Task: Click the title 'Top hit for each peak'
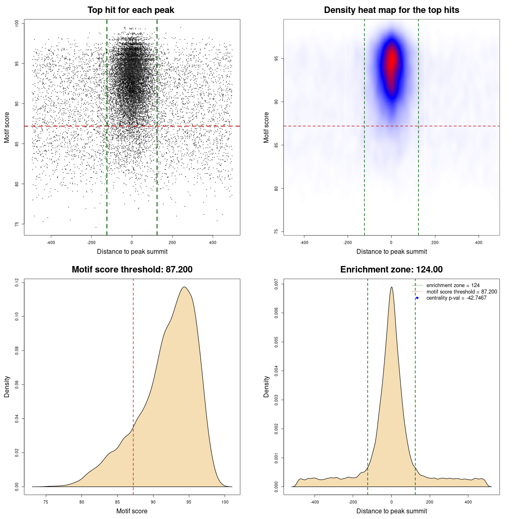tap(131, 10)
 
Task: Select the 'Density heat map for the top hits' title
tap(391, 10)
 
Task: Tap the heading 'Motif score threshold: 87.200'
tap(132, 270)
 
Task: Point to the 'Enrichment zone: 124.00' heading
tap(391, 270)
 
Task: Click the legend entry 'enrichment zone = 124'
tap(453, 285)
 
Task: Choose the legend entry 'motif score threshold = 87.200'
tap(461, 292)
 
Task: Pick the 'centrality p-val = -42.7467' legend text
tap(456, 298)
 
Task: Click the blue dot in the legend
tap(417, 298)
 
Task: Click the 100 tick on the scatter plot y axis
tap(17, 24)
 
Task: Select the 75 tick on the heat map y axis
tap(277, 232)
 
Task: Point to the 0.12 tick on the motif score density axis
tap(17, 282)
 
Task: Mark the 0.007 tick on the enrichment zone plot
tap(277, 284)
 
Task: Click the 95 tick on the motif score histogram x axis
tap(189, 502)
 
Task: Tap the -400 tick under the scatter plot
tap(51, 242)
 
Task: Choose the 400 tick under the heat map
tap(479, 242)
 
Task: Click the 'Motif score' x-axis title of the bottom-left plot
tap(132, 511)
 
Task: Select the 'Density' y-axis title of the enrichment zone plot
tap(266, 386)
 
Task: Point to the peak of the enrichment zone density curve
tap(391, 287)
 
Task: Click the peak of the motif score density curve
tap(184, 287)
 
